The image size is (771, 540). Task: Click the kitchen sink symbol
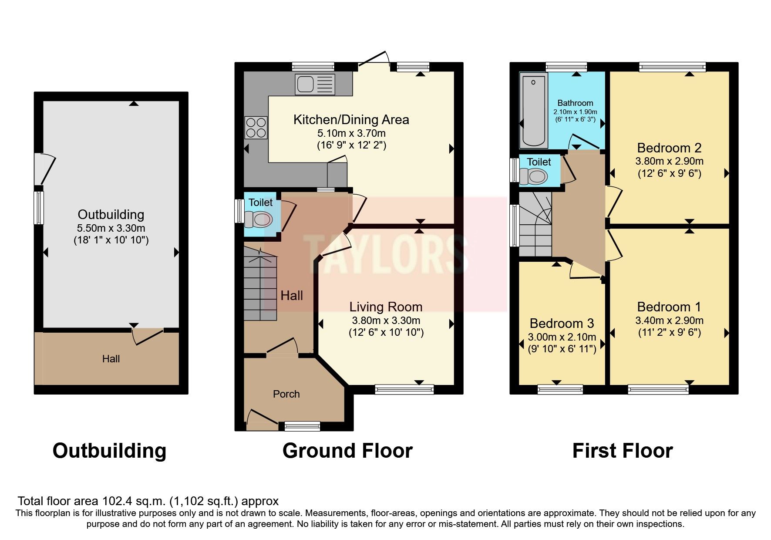click(315, 84)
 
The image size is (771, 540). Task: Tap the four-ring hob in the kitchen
click(256, 127)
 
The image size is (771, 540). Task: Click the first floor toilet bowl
click(534, 176)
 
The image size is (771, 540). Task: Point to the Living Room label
click(386, 307)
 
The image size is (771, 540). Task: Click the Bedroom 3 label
click(562, 324)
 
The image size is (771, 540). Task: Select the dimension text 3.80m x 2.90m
click(669, 161)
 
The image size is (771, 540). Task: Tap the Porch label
click(286, 394)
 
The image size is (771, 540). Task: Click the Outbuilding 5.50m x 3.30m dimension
click(111, 228)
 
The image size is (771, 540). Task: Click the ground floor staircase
click(260, 287)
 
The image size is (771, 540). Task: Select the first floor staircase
click(535, 226)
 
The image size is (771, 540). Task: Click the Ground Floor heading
click(347, 451)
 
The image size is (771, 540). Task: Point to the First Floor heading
click(622, 451)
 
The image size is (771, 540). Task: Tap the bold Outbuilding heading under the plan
click(109, 451)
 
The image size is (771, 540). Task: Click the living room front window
click(404, 389)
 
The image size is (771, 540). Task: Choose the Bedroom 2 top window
click(672, 67)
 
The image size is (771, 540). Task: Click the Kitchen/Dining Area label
click(351, 120)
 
